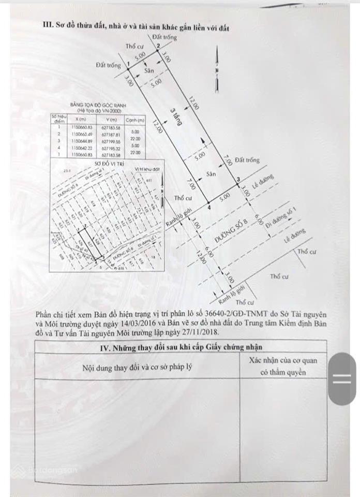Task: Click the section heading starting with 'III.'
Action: (x=136, y=26)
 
